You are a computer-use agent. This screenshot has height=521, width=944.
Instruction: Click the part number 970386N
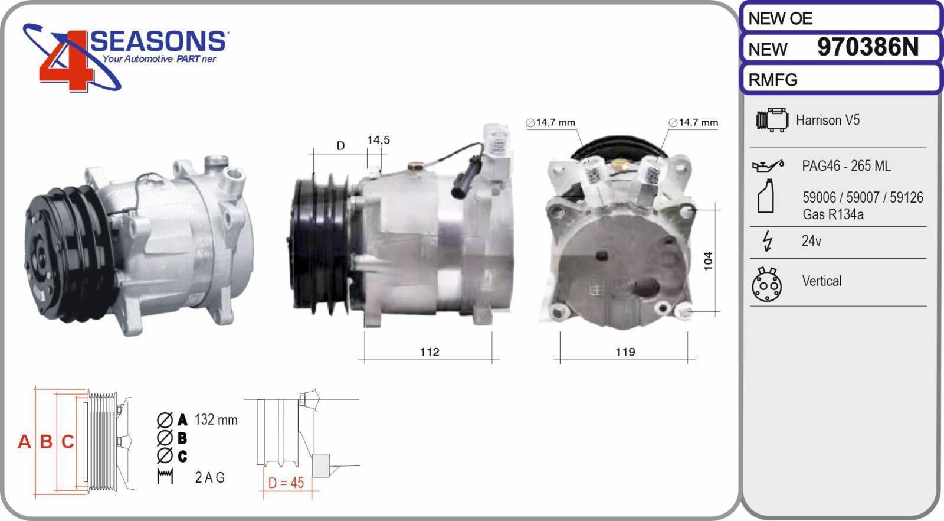click(868, 47)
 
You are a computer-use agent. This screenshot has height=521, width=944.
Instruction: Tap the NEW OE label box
click(841, 18)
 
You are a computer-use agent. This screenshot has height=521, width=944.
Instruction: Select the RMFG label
click(773, 80)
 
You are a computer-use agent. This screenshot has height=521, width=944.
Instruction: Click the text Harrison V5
click(828, 121)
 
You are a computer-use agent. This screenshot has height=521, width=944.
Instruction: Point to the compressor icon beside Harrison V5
click(772, 120)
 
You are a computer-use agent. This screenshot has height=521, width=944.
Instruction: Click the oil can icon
click(768, 166)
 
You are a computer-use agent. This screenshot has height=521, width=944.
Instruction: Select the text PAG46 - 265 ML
click(846, 166)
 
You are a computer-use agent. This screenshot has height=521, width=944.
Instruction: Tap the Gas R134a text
click(832, 214)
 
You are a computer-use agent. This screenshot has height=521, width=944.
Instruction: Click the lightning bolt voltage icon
click(768, 242)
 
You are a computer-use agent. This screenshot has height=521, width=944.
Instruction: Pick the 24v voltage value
click(811, 241)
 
